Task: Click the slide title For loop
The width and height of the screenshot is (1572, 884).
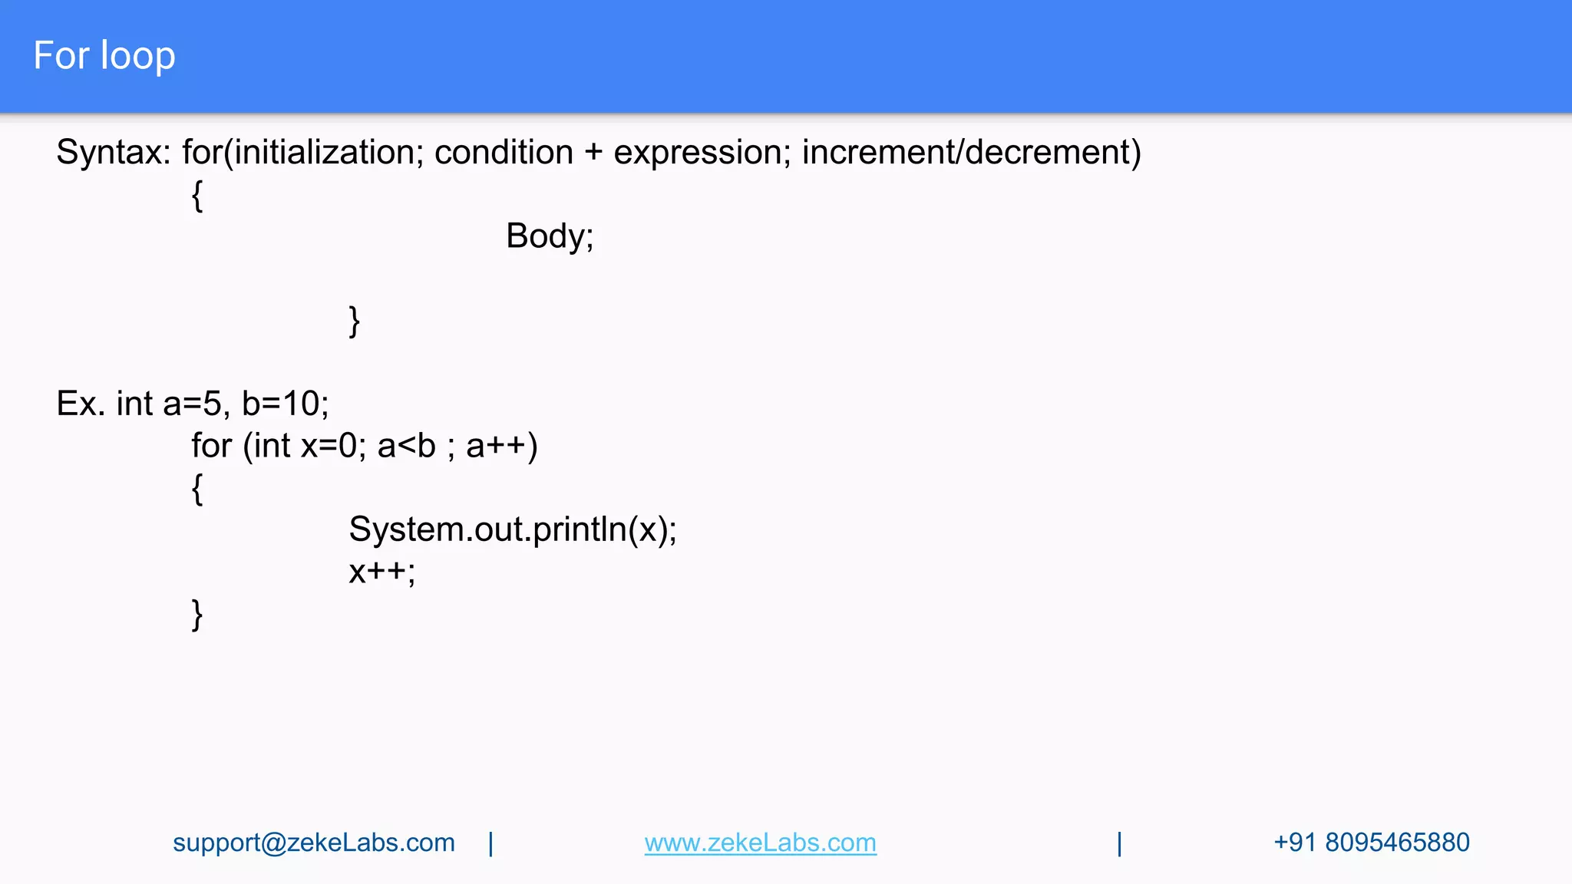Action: coord(104,56)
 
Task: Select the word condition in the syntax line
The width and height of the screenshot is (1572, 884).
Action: coord(504,153)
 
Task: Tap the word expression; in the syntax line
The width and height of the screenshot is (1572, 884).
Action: coord(702,153)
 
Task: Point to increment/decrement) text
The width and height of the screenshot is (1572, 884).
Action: coord(971,153)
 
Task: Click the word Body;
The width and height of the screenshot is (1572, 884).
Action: coord(550,236)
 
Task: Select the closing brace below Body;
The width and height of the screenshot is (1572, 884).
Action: coord(354,321)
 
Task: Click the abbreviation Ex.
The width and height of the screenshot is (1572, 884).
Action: coord(80,404)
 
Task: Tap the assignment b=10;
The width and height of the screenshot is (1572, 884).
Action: coord(285,404)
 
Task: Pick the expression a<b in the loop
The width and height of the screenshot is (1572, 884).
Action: coord(406,446)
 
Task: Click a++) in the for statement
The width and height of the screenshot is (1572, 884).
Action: coord(501,446)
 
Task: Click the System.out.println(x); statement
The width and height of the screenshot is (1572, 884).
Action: coord(513,529)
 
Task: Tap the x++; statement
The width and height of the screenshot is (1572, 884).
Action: coord(381,572)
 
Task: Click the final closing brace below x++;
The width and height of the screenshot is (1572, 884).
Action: coord(197,614)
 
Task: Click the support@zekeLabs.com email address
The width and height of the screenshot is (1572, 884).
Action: coord(313,843)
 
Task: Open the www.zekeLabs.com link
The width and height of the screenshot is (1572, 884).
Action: coord(760,843)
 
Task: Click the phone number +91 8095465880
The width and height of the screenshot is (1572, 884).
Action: coord(1371,843)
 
